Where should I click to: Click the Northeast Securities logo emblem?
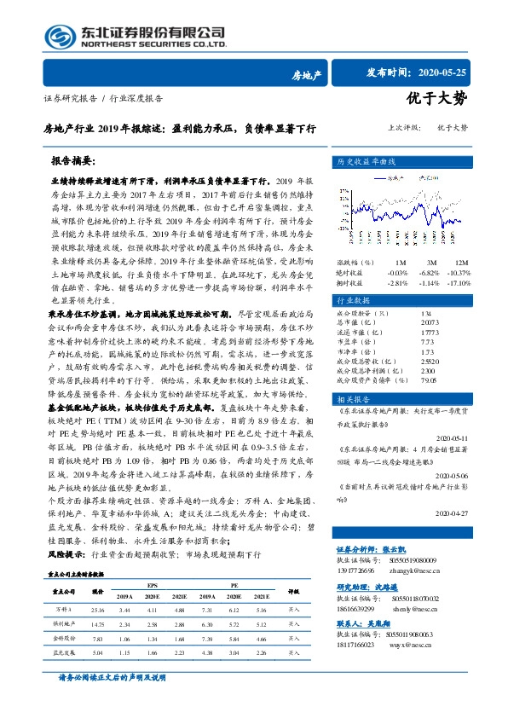(54, 35)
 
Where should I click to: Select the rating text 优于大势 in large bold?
(436, 99)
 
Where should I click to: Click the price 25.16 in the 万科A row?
(97, 611)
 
